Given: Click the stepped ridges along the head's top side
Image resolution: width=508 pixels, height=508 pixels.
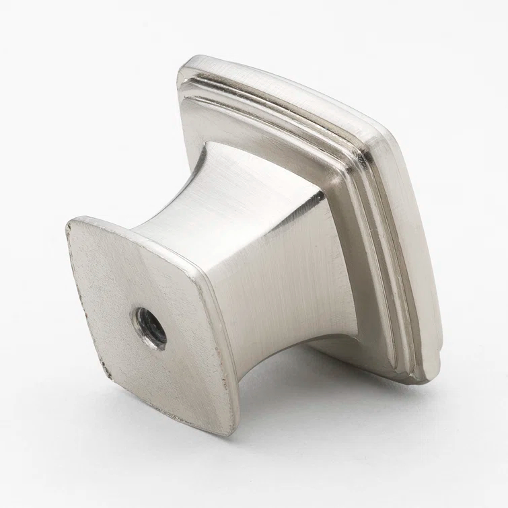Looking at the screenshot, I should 283,101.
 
